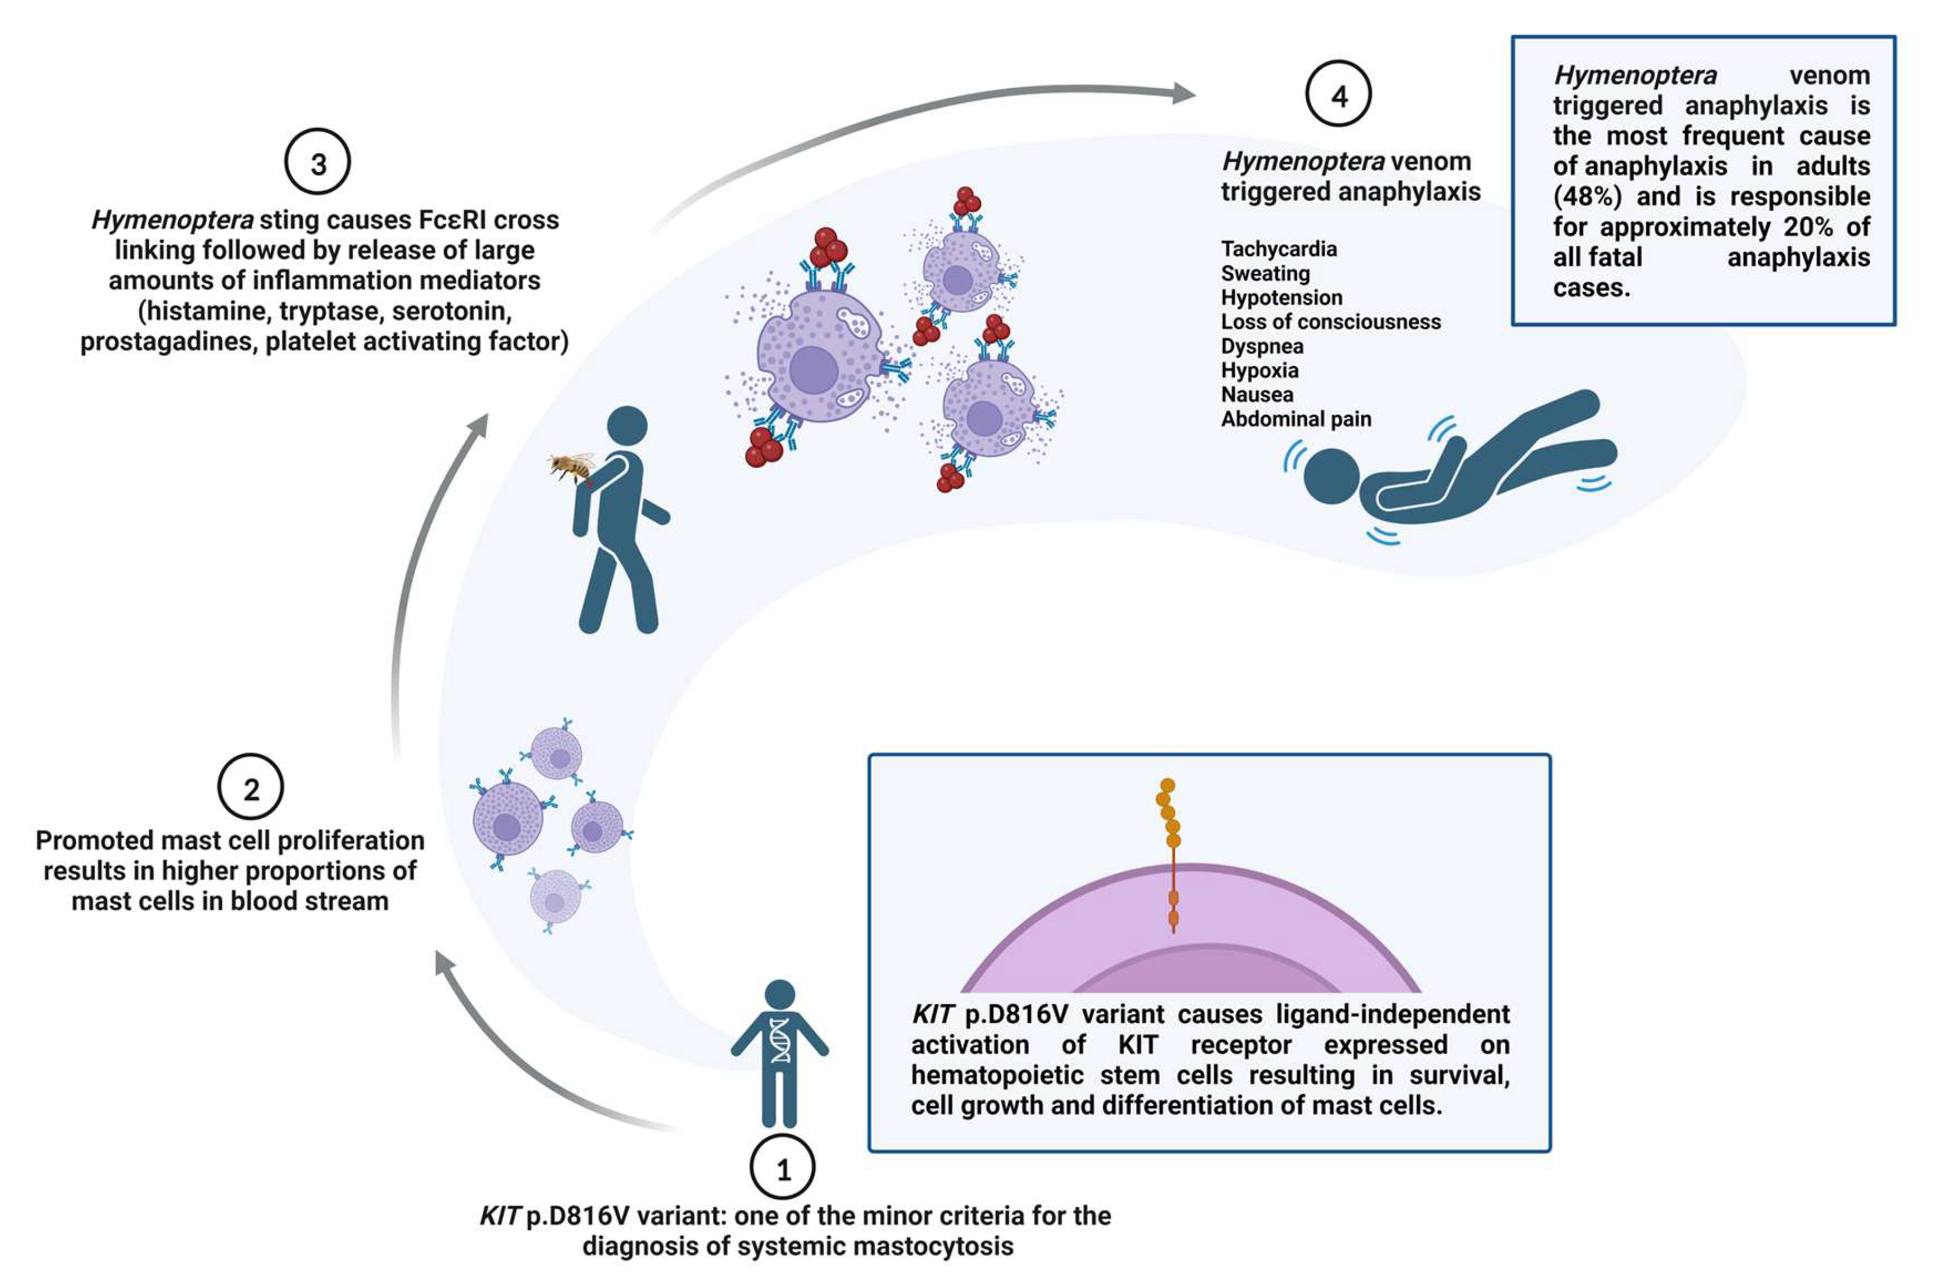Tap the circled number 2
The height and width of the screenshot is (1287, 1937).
(250, 788)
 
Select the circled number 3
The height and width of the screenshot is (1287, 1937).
(318, 163)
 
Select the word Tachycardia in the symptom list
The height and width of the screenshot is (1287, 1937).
(1279, 249)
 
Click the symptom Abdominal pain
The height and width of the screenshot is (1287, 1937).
(1296, 420)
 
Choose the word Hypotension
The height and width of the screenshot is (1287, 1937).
(1281, 297)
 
